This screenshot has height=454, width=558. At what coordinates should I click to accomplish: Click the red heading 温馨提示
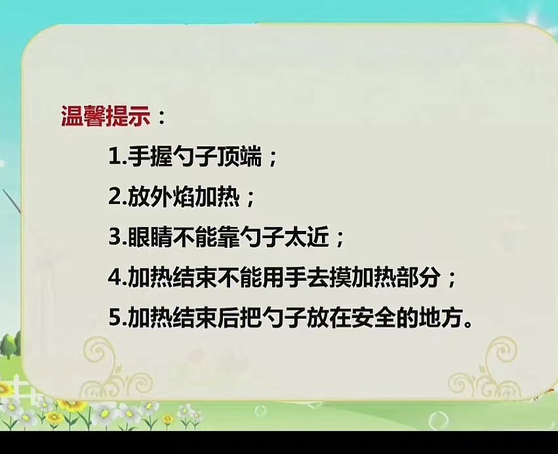pyautogui.click(x=106, y=116)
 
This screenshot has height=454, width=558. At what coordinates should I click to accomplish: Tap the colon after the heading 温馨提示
pyautogui.click(x=161, y=117)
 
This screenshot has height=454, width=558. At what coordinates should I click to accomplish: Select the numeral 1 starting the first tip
pyautogui.click(x=114, y=157)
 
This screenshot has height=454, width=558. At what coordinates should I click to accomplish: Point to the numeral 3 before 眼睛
pyautogui.click(x=115, y=236)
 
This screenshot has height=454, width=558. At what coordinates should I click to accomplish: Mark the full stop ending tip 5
pyautogui.click(x=469, y=323)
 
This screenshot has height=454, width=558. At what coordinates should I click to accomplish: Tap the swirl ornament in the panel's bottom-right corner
pyautogui.click(x=488, y=367)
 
